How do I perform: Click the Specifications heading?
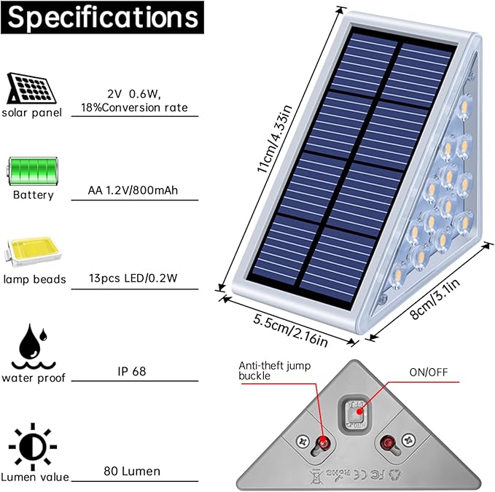(x=103, y=17)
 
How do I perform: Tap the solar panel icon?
(x=31, y=88)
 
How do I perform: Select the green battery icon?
(x=33, y=171)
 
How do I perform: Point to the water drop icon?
(x=34, y=346)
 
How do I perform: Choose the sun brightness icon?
(x=33, y=447)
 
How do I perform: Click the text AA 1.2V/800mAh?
(x=133, y=190)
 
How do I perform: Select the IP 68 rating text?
(x=132, y=372)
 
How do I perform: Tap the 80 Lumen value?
(x=132, y=471)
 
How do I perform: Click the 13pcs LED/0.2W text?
(x=133, y=278)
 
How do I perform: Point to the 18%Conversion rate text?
(x=134, y=108)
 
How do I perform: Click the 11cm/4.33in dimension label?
(x=274, y=138)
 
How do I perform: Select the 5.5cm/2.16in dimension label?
(x=290, y=330)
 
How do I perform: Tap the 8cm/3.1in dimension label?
(x=434, y=299)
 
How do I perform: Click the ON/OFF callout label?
(x=429, y=372)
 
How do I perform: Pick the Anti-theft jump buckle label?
(x=274, y=370)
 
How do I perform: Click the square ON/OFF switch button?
(x=356, y=414)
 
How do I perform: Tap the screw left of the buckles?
(x=304, y=441)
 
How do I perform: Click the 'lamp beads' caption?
(x=34, y=279)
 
